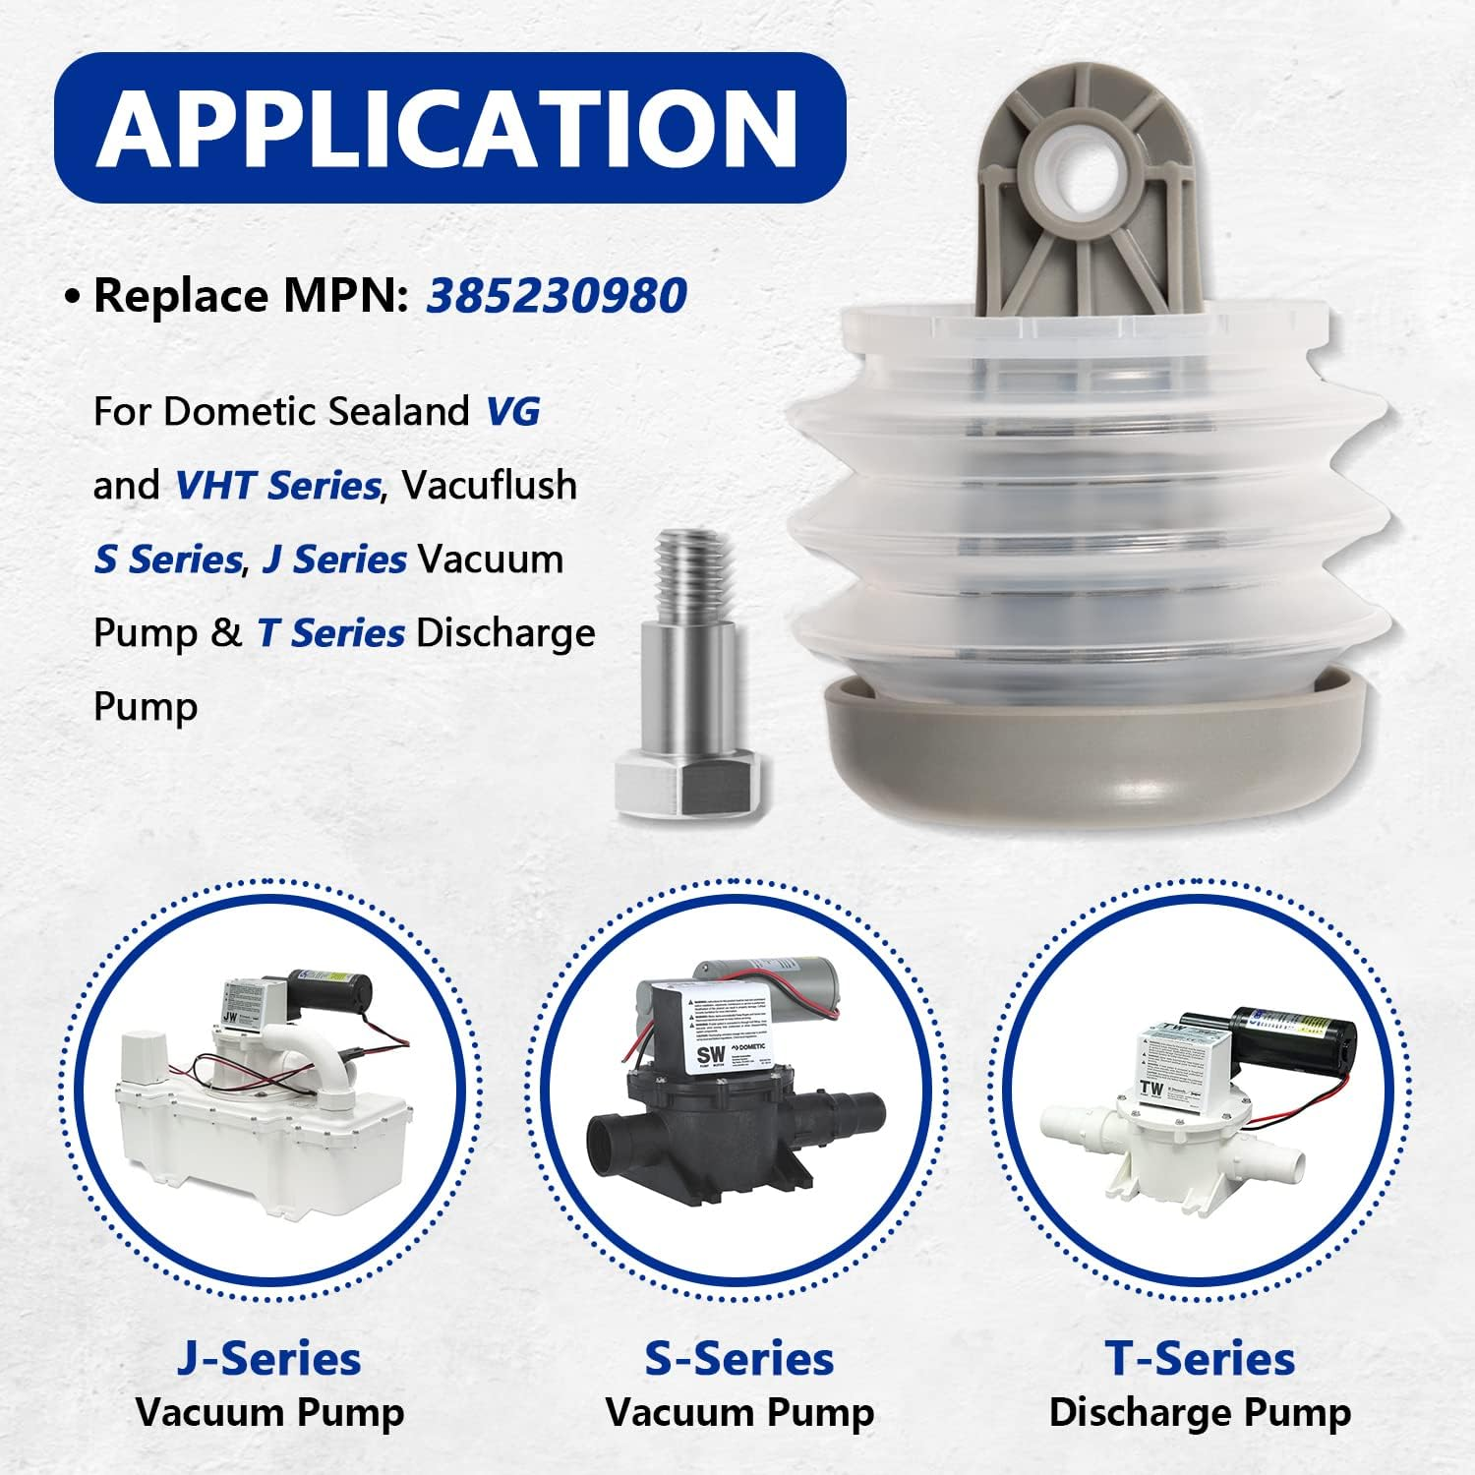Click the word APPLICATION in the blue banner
coord(447,129)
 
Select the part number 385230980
coord(556,295)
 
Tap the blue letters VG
coord(513,411)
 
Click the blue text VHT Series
coord(276,485)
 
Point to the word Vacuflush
coord(489,485)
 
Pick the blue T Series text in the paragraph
coord(330,632)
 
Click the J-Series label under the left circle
coord(269,1358)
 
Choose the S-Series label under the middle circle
coord(738,1358)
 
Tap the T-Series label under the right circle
coord(1200,1358)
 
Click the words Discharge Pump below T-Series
coord(1200,1412)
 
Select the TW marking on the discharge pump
coord(1151,1088)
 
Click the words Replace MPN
coord(251,295)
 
